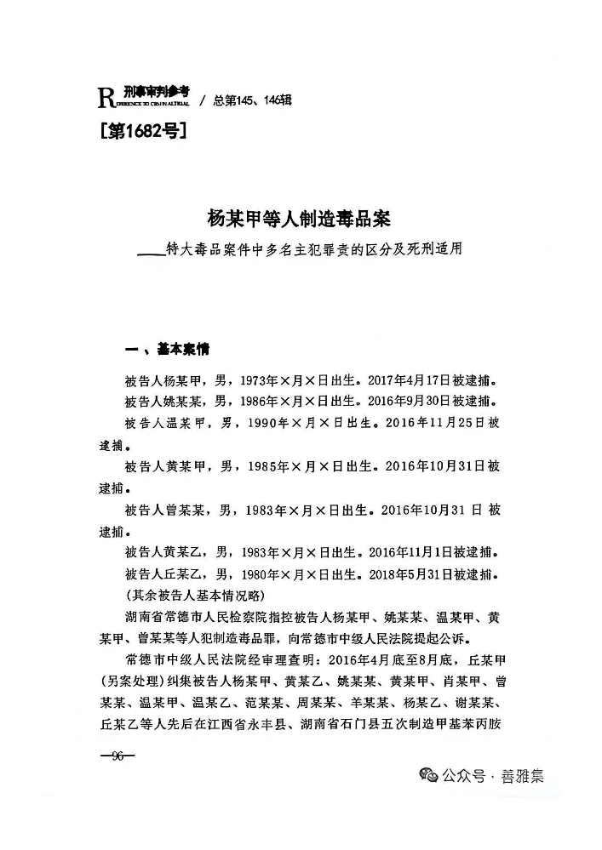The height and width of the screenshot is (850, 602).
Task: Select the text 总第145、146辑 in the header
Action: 252,100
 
